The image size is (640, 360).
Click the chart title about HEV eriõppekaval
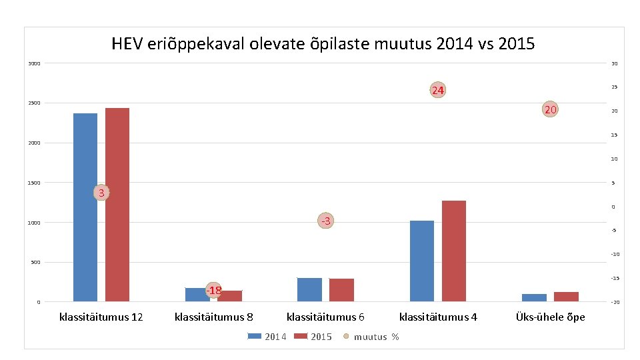pos(323,44)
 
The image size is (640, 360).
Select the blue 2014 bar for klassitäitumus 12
pos(85,207)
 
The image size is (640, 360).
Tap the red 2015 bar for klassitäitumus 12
pos(117,204)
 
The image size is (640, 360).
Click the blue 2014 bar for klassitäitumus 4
pos(422,261)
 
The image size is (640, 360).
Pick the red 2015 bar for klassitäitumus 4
pos(454,251)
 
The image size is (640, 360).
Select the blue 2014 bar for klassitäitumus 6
pos(309,289)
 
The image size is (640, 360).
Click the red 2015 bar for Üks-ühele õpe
pos(566,297)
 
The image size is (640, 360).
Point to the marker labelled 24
pos(437,90)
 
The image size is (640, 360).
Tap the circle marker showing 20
pos(550,110)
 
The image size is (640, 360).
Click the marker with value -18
pos(213,290)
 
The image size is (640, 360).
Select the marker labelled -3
pos(325,221)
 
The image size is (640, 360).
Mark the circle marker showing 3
pos(101,193)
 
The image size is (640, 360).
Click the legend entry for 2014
pos(267,337)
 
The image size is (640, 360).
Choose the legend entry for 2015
pos(313,337)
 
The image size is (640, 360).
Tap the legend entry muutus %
pos(371,337)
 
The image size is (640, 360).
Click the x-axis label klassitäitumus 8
pos(213,317)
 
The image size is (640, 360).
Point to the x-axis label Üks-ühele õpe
pos(550,317)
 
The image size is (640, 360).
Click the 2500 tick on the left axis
pos(34,103)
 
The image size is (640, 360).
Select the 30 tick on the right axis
pos(615,64)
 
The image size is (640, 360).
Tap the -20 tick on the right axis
pos(615,303)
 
